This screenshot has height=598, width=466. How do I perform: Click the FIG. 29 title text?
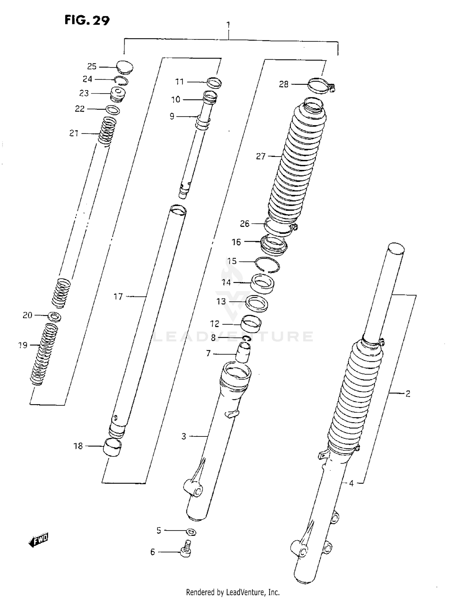point(87,21)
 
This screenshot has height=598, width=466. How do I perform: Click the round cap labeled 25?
point(125,67)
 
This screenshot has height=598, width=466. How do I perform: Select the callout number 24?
point(87,79)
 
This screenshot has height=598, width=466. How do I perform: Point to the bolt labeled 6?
point(186,552)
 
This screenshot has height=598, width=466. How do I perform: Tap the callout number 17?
point(118,297)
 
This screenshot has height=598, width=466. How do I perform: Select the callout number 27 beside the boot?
point(261,156)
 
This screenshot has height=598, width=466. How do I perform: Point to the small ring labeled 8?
point(247,338)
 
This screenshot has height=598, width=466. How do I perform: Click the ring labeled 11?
point(214,83)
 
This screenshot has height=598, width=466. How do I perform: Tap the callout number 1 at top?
point(228,25)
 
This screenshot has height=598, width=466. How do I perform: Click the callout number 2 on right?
point(408,394)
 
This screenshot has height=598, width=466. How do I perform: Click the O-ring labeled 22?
point(113,110)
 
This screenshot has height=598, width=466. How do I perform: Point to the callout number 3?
point(184,436)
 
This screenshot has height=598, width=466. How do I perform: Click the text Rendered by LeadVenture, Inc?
point(233,592)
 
